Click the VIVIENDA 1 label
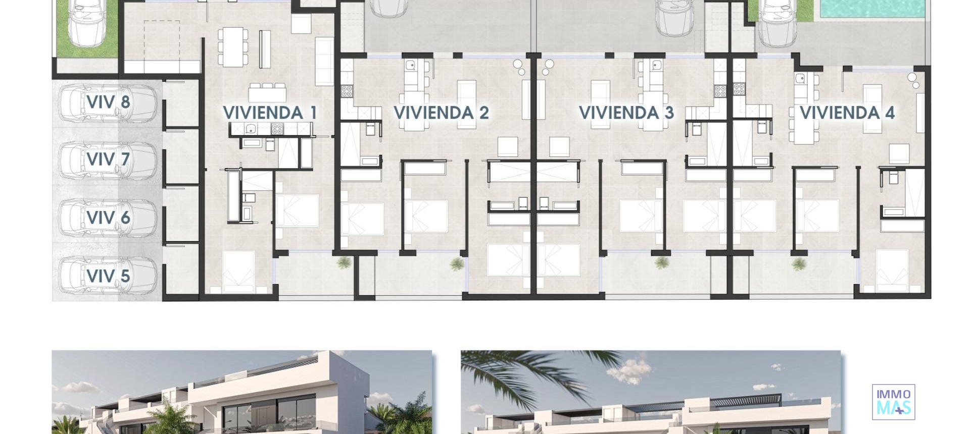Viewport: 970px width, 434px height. point(270,113)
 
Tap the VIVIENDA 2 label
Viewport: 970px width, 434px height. point(441,113)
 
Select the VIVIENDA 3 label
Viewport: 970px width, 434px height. point(626,113)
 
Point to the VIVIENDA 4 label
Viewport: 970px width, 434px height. point(847,113)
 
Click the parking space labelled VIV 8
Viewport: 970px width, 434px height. point(108,102)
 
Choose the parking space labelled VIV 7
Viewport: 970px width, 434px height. point(108,160)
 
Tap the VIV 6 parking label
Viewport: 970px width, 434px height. point(108,218)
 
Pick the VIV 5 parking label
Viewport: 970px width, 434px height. point(108,276)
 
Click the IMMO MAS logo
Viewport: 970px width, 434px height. point(893,402)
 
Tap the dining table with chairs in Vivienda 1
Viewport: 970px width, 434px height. point(233,47)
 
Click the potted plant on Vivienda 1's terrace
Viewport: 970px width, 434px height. point(344,262)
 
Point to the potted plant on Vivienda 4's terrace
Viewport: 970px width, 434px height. point(799,263)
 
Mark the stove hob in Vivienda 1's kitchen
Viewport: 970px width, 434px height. point(277,129)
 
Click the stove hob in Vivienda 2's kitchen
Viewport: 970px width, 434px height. point(348,91)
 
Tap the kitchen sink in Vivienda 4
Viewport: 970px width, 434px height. point(800,79)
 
